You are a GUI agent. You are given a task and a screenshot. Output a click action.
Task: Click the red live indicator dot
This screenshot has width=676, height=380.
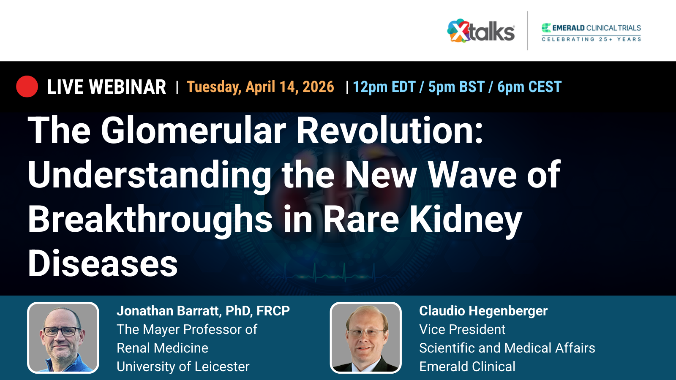click(27, 87)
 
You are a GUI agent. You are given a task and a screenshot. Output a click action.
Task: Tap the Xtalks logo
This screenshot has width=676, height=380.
click(481, 31)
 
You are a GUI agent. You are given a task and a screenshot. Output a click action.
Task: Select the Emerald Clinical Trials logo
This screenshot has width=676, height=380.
click(591, 28)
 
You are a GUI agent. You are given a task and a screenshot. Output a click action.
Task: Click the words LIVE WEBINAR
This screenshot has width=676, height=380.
click(106, 87)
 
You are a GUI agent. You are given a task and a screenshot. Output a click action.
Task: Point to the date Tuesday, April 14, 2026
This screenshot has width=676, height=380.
click(260, 87)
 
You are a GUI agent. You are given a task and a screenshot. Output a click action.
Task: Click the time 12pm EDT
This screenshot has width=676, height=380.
click(384, 87)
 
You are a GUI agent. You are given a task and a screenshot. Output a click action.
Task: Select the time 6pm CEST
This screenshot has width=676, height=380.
click(529, 87)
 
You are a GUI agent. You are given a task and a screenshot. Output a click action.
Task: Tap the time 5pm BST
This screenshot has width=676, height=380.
click(456, 87)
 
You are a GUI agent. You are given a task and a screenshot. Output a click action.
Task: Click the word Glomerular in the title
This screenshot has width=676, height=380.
click(193, 130)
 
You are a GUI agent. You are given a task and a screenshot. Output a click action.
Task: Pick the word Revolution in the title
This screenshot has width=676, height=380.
click(389, 130)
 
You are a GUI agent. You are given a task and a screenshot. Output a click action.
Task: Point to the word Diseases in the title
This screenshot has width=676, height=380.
click(103, 263)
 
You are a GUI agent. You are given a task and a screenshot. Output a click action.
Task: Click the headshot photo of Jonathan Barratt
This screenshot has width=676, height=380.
click(63, 338)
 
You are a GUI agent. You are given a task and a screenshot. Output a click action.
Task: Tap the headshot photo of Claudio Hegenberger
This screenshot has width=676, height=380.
click(365, 338)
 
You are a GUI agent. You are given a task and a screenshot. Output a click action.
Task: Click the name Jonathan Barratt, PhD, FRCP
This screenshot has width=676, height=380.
click(203, 311)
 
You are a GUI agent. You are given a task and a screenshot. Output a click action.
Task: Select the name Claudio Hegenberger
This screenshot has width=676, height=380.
click(483, 311)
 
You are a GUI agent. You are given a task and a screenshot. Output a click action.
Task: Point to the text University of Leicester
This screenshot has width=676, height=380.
click(183, 366)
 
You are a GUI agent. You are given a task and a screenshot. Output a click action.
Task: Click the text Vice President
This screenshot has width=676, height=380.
click(462, 329)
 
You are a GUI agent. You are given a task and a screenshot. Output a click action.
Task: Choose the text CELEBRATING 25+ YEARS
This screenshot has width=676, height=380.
click(591, 39)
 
